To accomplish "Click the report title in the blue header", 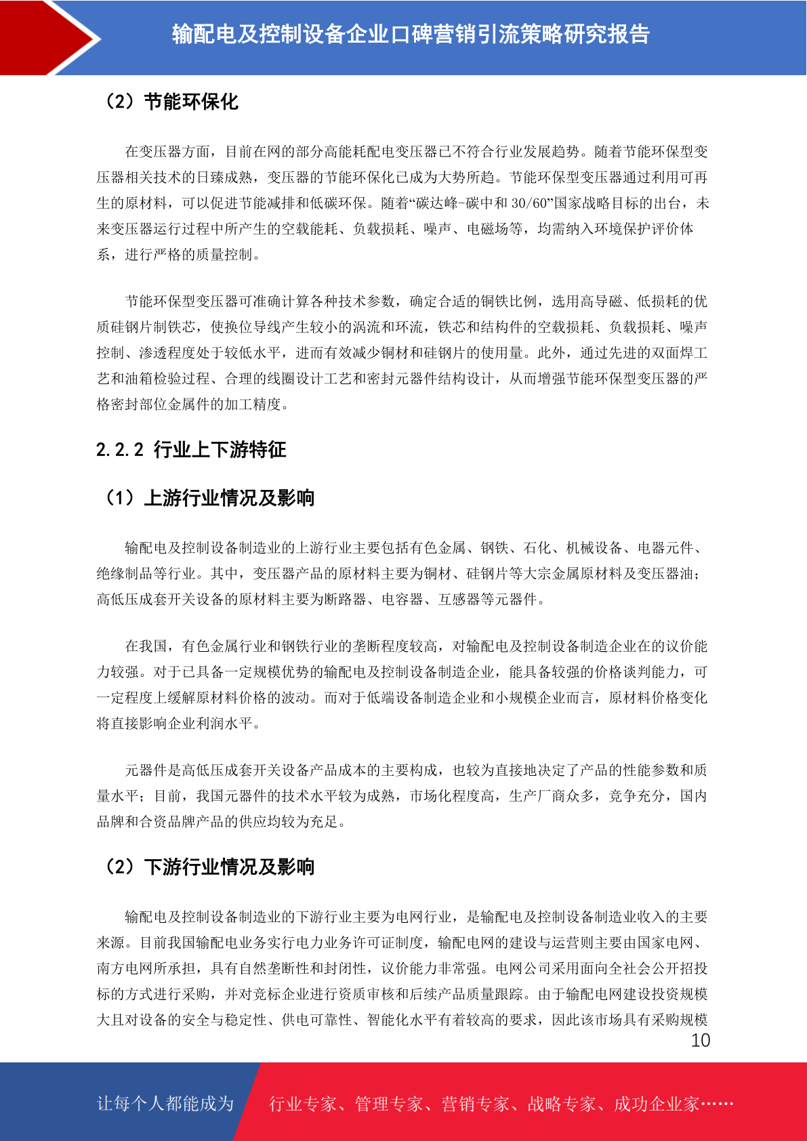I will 411,34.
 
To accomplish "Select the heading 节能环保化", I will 191,102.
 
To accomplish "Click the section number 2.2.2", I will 120,449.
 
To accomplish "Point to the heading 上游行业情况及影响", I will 229,498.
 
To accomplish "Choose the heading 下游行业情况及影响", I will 229,867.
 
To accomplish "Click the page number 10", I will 700,1041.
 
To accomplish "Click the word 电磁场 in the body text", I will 487,229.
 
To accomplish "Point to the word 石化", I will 537,547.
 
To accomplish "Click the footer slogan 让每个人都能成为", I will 165,1103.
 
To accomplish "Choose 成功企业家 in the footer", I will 656,1104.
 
